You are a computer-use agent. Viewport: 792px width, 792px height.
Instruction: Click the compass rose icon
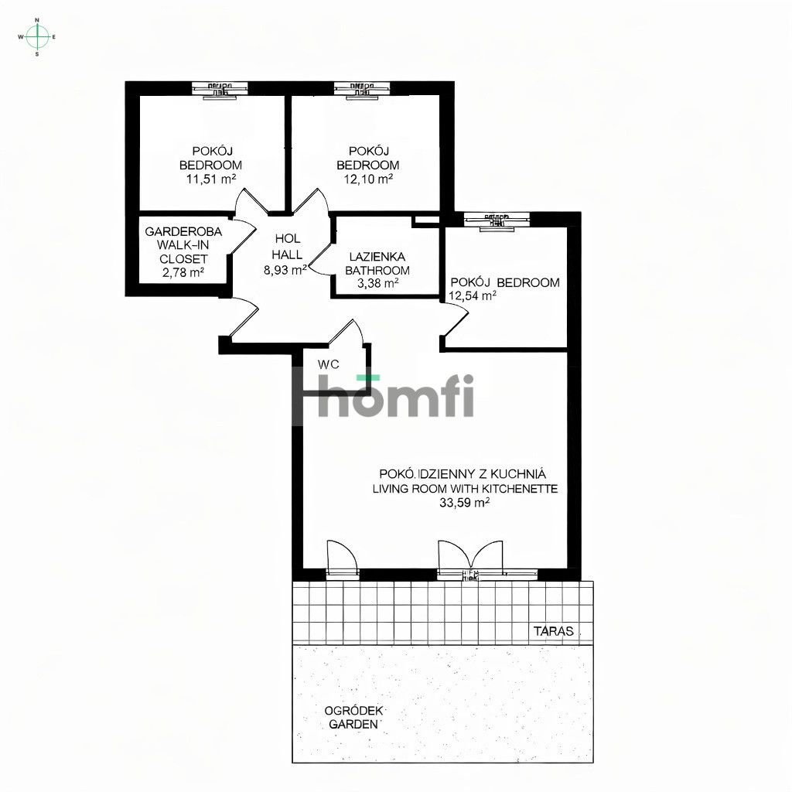(x=37, y=36)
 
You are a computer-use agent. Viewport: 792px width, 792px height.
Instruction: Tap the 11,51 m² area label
(x=210, y=179)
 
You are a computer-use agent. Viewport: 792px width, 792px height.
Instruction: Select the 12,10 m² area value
(x=368, y=179)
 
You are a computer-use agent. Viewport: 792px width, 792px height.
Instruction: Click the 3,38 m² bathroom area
(x=378, y=284)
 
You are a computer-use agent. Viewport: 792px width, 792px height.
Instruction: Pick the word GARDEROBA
(x=183, y=231)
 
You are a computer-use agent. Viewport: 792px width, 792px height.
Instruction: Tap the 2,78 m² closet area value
(x=183, y=272)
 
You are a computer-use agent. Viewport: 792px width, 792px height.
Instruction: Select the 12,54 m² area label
(x=472, y=295)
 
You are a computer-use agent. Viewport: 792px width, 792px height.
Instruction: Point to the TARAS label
(x=554, y=631)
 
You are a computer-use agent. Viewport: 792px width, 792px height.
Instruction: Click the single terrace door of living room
(x=342, y=558)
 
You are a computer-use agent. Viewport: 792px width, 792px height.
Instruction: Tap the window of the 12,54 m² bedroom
(x=497, y=220)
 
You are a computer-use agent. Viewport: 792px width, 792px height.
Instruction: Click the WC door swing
(x=345, y=335)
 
